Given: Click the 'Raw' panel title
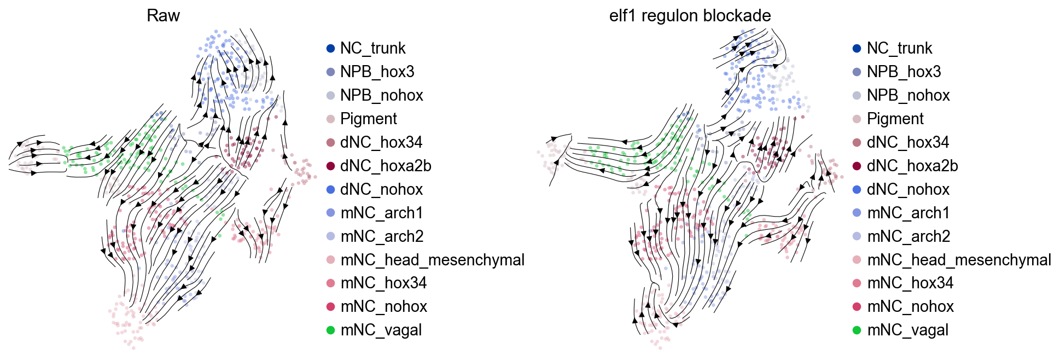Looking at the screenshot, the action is tap(163, 16).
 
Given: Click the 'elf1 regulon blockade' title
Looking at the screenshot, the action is tap(690, 16).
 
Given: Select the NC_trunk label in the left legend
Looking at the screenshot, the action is tap(373, 48).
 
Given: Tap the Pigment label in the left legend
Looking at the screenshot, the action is tap(369, 119).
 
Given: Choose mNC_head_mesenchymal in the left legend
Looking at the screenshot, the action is tap(433, 260).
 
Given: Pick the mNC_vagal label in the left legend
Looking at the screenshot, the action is tap(381, 330).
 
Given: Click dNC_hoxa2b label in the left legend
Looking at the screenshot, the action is tap(386, 166).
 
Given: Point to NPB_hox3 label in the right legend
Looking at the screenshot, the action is tap(904, 72).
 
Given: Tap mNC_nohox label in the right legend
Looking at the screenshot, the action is tap(911, 306).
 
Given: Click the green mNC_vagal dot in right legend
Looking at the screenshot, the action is tap(857, 330).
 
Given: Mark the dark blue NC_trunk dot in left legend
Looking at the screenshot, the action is tap(330, 48).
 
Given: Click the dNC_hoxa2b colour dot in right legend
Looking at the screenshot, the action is tap(857, 166).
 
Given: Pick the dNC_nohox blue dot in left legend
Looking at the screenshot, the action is tap(330, 189).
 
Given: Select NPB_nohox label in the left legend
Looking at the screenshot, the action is tap(382, 95).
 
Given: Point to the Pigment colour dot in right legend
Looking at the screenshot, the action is tap(857, 119).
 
